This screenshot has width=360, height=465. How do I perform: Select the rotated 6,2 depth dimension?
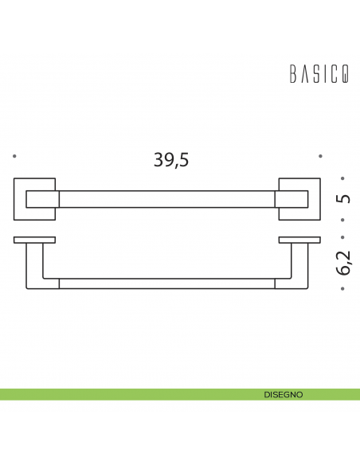pos(343,262)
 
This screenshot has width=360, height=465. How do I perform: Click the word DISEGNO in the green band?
pos(283,394)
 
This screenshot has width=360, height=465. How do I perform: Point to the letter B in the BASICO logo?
pos(291,74)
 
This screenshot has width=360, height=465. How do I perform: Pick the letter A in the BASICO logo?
pos(303,74)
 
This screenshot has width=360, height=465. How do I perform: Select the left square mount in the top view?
pos(35,198)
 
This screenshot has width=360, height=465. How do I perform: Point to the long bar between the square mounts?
pos(166,198)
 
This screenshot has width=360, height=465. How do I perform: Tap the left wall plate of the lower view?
pos(34,240)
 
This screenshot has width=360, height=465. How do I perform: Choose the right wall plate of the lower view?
pos(298,240)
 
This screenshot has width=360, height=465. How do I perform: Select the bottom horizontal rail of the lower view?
pos(166,283)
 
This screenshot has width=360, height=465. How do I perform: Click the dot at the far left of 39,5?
pos(14,156)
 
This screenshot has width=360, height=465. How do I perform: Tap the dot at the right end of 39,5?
pos(319,156)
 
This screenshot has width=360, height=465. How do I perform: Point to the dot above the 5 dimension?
pos(342,178)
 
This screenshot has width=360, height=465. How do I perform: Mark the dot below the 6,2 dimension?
pos(342,290)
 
